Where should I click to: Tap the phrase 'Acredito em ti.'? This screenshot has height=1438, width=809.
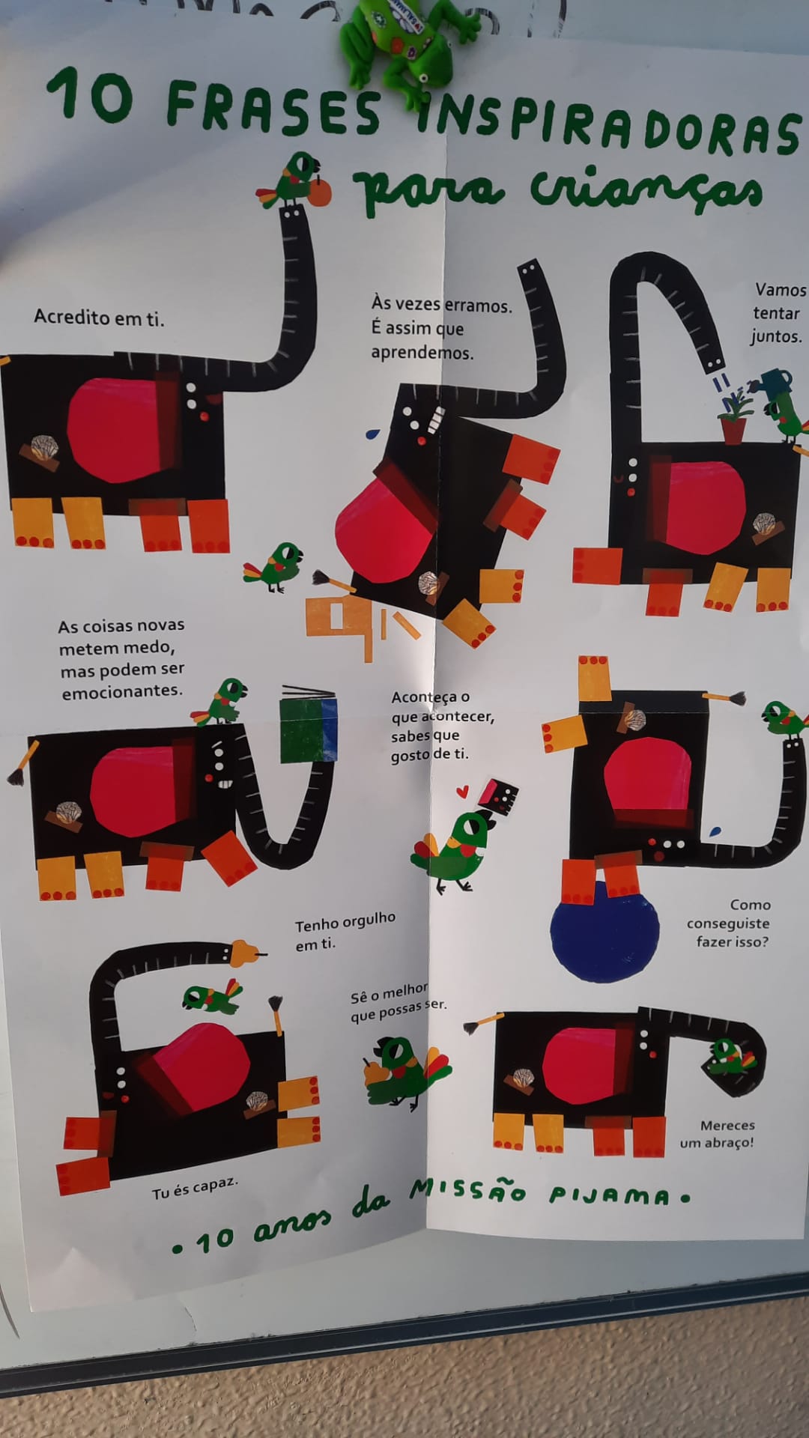99,318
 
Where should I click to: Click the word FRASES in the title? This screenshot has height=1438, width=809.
273,105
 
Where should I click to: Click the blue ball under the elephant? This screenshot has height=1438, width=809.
605,931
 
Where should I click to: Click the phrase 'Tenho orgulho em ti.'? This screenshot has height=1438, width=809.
345,931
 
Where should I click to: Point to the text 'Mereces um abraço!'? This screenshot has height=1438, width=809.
718,1134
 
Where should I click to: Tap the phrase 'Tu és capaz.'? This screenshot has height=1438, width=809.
195,1188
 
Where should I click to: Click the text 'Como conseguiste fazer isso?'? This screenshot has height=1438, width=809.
728,923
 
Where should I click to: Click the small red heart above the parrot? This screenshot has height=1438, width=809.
463,789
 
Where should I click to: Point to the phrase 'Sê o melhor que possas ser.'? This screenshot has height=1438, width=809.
399,1002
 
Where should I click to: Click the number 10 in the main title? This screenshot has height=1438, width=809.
90,95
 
